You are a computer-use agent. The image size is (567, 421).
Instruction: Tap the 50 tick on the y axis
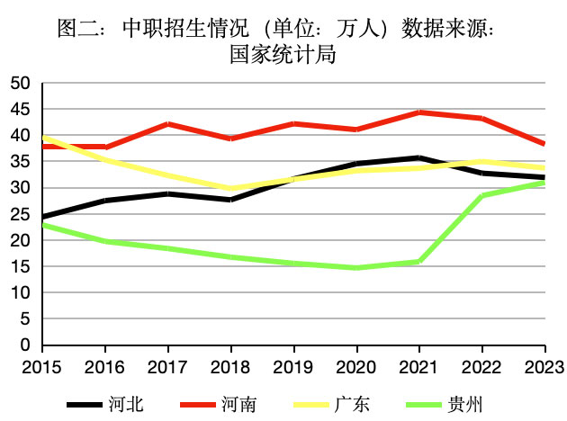pyautogui.click(x=20, y=84)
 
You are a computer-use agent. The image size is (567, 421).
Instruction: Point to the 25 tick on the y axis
pyautogui.click(x=20, y=214)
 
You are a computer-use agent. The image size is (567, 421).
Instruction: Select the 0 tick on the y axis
pyautogui.click(x=25, y=345)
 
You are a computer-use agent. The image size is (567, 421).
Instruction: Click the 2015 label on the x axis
pyautogui.click(x=42, y=367)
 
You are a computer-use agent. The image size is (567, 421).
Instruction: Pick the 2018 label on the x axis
pyautogui.click(x=230, y=367)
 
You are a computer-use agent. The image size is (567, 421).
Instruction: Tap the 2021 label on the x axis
pyautogui.click(x=418, y=367)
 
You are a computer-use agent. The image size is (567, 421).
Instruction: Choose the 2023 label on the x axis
pyautogui.click(x=543, y=367)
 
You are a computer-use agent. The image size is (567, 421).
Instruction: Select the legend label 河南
pyautogui.click(x=241, y=404)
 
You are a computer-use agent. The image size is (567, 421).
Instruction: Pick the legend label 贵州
pyautogui.click(x=468, y=404)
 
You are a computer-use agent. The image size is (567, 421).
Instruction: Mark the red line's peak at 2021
pyautogui.click(x=418, y=112)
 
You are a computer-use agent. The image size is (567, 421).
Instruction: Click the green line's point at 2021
pyautogui.click(x=418, y=262)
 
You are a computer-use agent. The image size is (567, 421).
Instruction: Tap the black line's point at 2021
pyautogui.click(x=418, y=157)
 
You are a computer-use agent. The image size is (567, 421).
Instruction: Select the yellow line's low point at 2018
pyautogui.click(x=230, y=189)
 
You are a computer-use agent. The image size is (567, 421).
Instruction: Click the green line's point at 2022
pyautogui.click(x=481, y=196)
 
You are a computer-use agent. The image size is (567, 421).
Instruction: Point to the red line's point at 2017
pyautogui.click(x=167, y=124)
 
